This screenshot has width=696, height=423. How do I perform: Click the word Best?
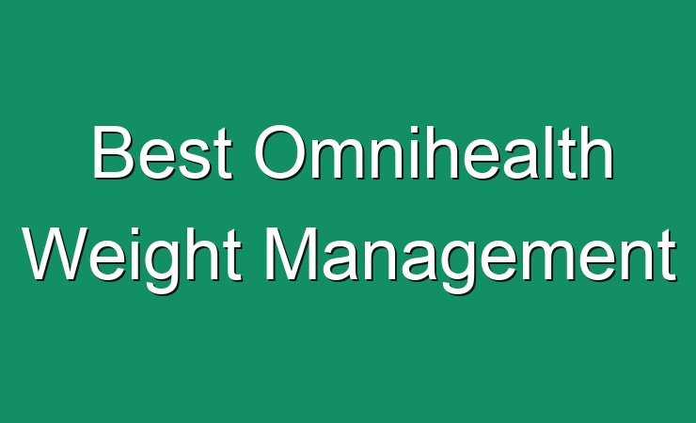point(163,152)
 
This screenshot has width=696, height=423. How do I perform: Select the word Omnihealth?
point(434,152)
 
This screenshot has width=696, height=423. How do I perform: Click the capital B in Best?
point(113,152)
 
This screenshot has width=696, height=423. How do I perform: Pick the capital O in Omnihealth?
point(279,152)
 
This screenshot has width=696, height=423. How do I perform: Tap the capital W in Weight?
point(55,254)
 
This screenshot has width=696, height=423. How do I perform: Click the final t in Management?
point(668,257)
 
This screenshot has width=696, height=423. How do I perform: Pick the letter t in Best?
point(223,155)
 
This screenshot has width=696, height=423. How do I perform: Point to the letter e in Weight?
point(110,261)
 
